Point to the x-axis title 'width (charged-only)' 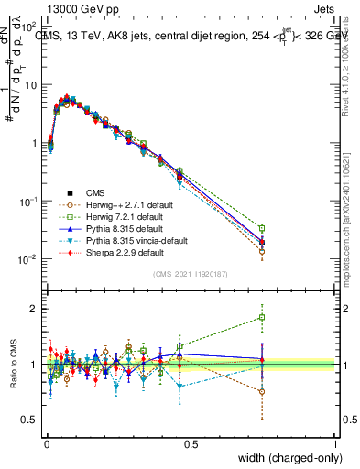290,457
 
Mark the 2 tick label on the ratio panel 35,309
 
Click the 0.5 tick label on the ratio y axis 30,420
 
